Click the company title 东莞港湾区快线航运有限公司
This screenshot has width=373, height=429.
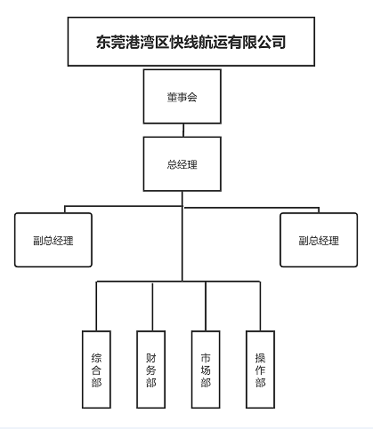pos(191,41)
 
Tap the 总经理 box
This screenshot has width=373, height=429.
pos(182,164)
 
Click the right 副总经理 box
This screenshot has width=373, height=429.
pos(318,240)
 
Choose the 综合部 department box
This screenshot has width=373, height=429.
pos(96,369)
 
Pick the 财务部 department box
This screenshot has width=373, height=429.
pos(151,369)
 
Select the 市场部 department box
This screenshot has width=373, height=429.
pos(206,369)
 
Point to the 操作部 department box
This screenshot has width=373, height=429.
pos(260,369)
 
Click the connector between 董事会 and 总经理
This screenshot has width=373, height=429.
pos(182,130)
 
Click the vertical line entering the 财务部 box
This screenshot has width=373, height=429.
pos(152,306)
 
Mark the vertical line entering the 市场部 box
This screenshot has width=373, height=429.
pos(207,306)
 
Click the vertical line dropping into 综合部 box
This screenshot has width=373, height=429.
pos(97,306)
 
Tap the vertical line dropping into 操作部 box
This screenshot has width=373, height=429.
pos(261,306)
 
